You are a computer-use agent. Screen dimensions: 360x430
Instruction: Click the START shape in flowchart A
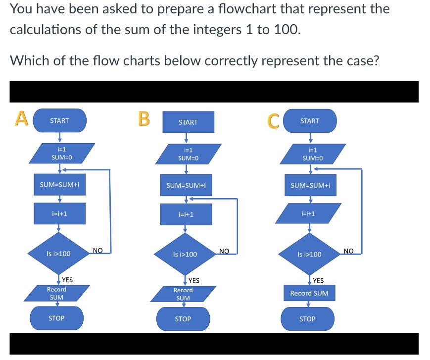59,121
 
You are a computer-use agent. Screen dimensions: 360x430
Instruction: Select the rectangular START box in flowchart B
188,122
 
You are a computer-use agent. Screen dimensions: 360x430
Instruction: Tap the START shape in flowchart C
310,121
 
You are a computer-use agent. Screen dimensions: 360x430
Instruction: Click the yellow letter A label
20,119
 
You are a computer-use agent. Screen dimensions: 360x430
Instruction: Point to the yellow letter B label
143,119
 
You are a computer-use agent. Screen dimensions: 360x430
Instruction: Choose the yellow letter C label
273,121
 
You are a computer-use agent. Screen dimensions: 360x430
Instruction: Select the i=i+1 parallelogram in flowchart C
309,213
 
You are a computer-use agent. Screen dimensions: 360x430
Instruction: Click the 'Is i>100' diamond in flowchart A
58,254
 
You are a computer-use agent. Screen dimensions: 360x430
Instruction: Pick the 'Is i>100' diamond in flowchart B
185,255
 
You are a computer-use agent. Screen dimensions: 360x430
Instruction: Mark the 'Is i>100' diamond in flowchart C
309,255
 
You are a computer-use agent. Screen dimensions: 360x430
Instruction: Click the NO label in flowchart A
97,251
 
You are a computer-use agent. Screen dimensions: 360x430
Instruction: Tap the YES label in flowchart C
318,280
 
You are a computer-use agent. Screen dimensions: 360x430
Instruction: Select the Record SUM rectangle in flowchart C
309,293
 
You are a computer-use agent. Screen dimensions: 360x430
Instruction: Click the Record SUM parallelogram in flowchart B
183,294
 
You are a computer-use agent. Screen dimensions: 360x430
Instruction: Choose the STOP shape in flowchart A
56,318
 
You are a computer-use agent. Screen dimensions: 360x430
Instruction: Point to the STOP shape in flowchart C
307,319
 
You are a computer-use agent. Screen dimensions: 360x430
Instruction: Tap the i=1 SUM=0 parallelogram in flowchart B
188,154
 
